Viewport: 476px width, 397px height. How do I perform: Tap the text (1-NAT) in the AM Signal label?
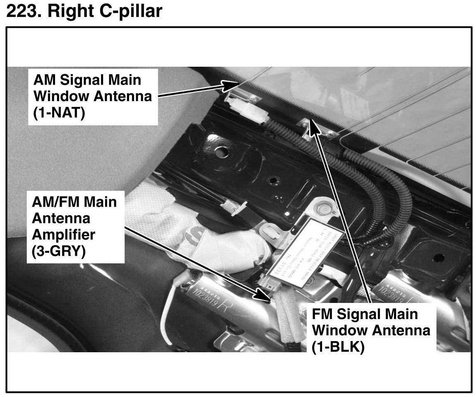59,113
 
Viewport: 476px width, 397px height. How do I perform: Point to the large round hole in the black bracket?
221,152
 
